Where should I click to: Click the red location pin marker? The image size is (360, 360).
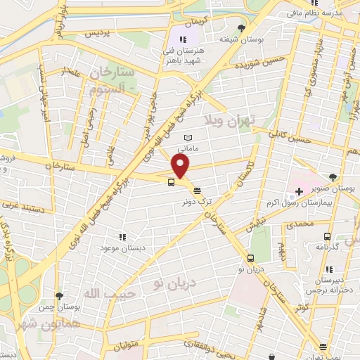point(181,166)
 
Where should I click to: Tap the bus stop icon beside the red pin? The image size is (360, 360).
point(172,183)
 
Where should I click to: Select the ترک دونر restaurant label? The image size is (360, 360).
point(196,199)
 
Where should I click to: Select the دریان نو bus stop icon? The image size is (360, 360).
point(251,258)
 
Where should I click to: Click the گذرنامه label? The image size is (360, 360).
point(326,247)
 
